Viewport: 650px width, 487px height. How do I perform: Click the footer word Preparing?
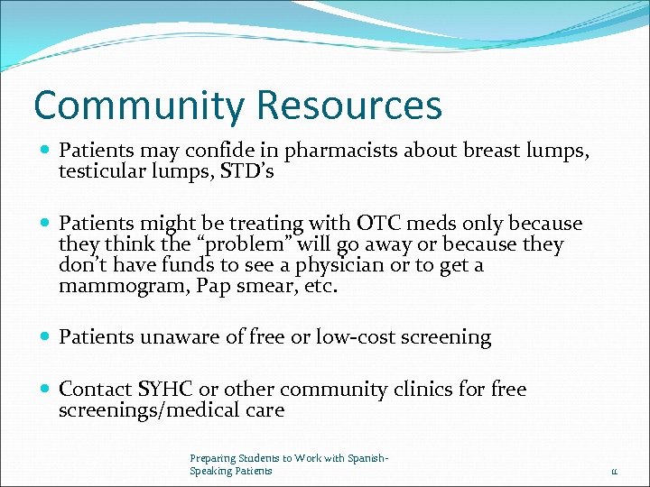tap(210, 459)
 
